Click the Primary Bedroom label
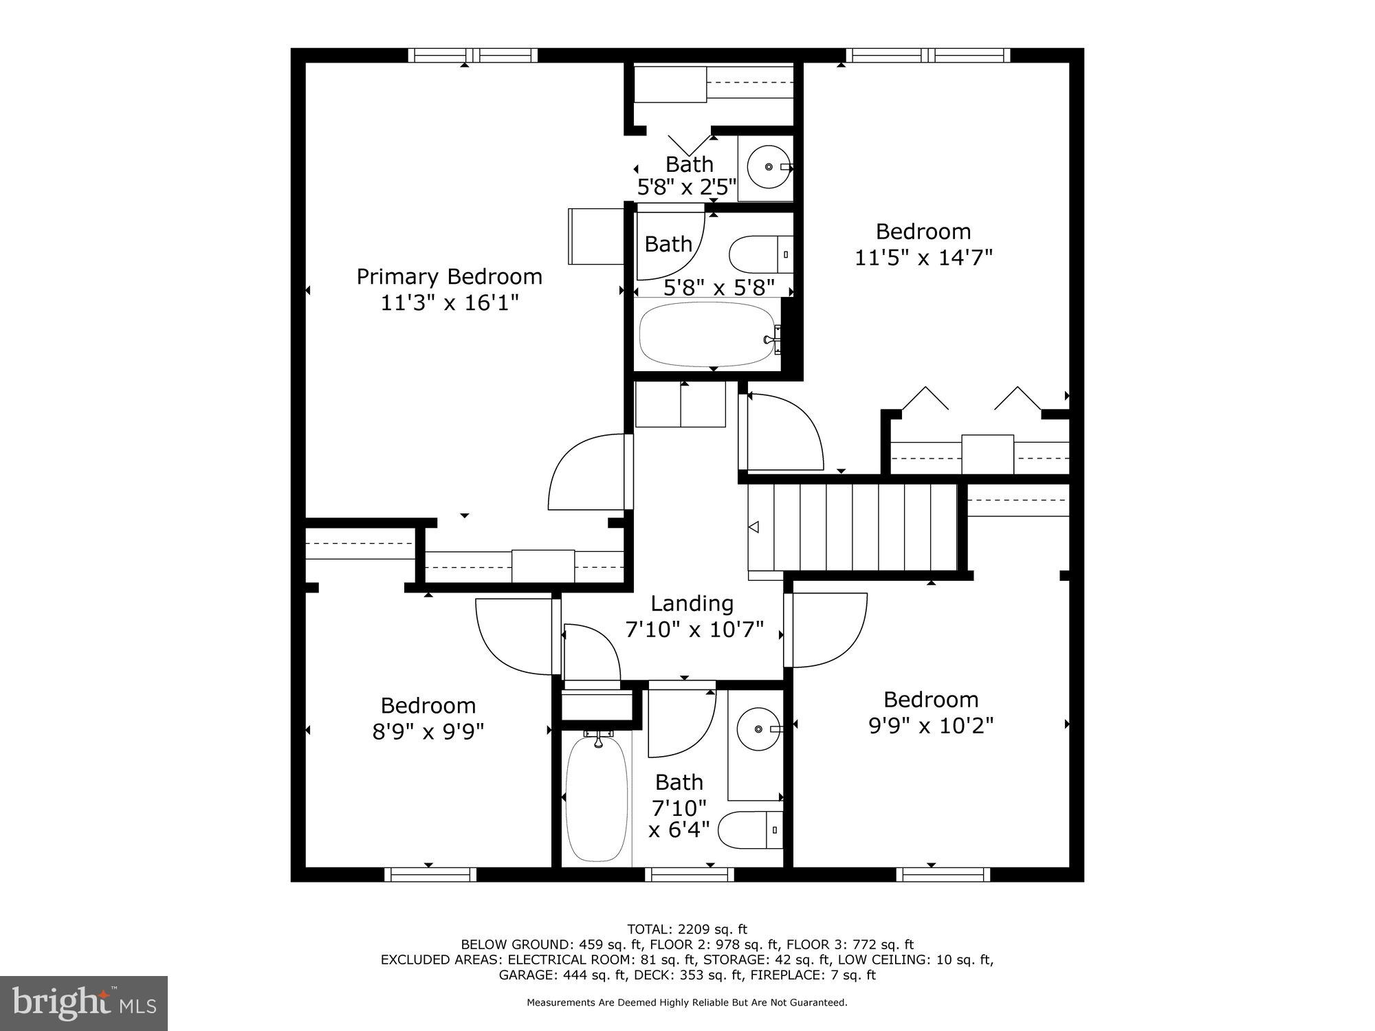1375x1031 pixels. click(x=449, y=277)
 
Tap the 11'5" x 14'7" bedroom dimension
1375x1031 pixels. click(x=923, y=258)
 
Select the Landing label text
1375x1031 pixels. click(x=692, y=603)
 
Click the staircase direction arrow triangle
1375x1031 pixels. click(x=753, y=527)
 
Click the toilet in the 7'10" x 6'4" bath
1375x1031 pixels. click(x=749, y=830)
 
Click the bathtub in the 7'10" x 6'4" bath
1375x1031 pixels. click(x=596, y=797)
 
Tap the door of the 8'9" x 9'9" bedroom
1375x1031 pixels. click(x=512, y=636)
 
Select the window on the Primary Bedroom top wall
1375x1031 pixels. click(x=473, y=55)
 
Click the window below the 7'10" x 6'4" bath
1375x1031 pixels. click(x=689, y=874)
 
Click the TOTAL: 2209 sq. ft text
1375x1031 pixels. click(x=687, y=929)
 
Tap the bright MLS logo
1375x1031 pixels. click(x=84, y=1004)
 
